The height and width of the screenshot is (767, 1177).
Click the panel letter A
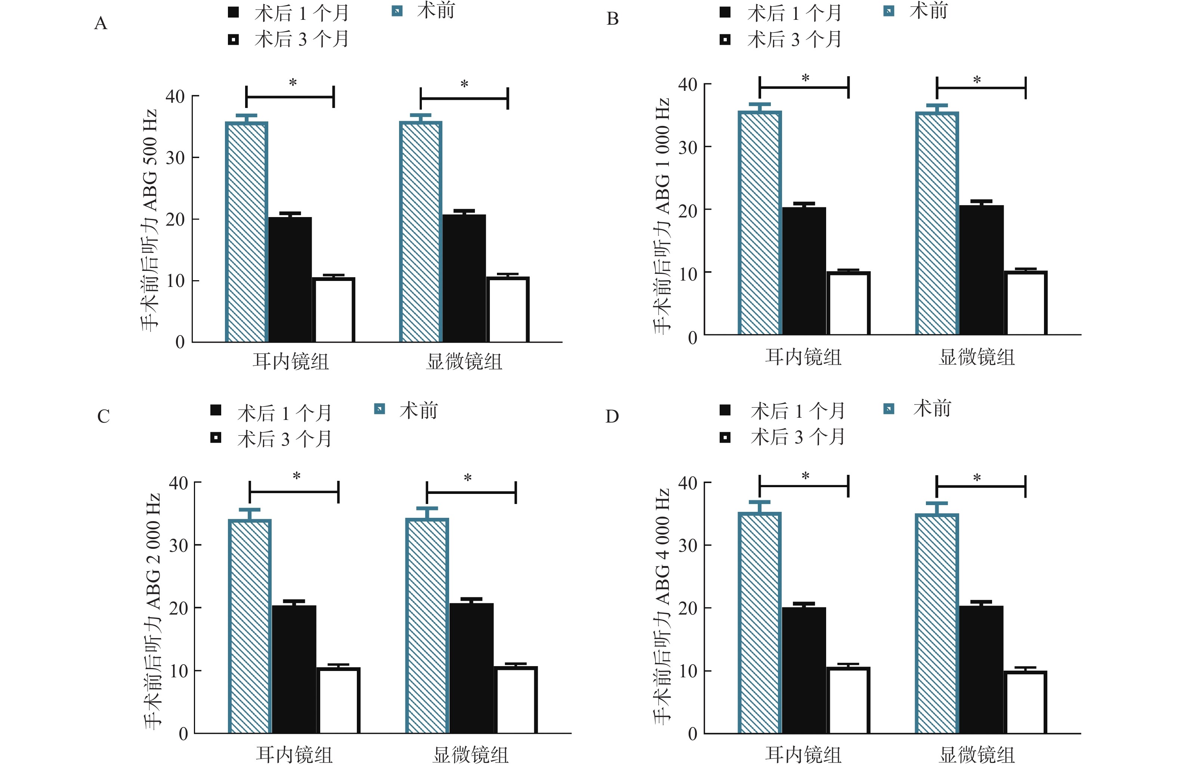point(101,23)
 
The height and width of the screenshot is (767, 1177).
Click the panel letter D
point(612,417)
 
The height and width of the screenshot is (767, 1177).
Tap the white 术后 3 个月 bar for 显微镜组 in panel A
point(508,310)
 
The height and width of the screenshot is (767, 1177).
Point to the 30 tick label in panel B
point(688,147)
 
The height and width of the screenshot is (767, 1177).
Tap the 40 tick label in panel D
point(688,483)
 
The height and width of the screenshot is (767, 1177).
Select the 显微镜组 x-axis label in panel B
point(977,357)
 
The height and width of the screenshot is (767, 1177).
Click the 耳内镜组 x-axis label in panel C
point(294,755)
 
